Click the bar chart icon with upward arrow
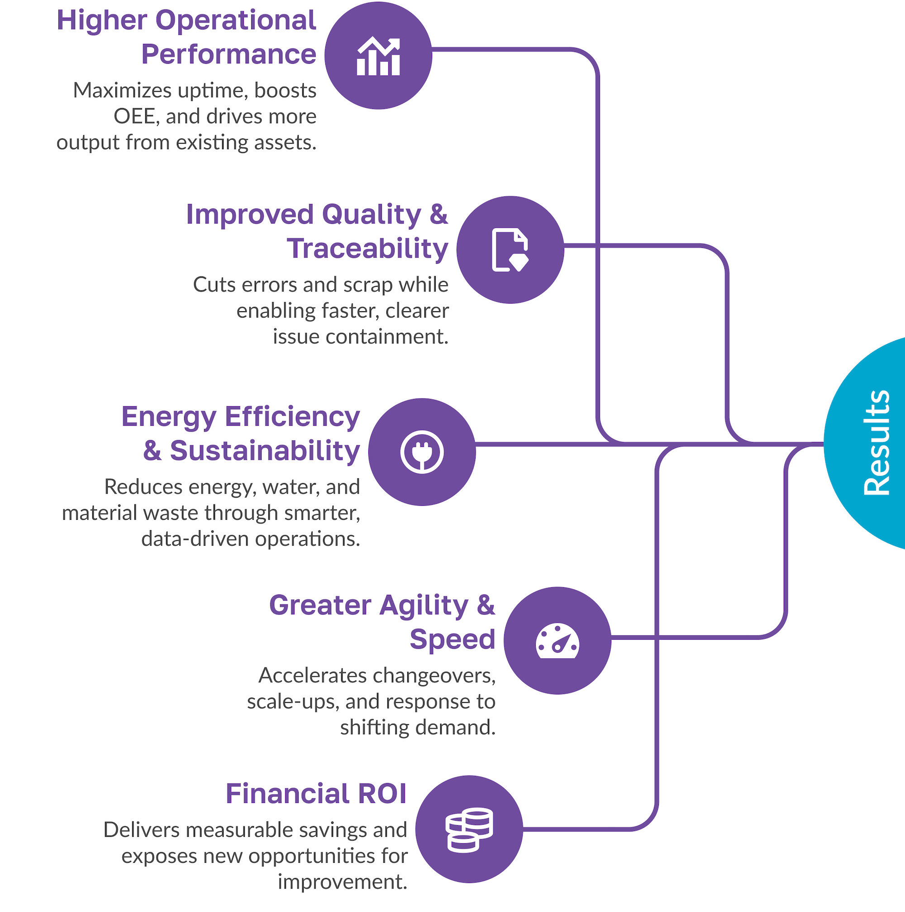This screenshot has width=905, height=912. pyautogui.click(x=378, y=56)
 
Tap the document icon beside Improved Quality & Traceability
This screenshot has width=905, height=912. pyautogui.click(x=510, y=250)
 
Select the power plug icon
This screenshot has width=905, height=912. pyautogui.click(x=422, y=452)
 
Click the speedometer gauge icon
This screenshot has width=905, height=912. pyautogui.click(x=557, y=641)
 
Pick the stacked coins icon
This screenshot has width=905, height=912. pyautogui.click(x=469, y=830)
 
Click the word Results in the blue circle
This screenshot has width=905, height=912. pyautogui.click(x=876, y=443)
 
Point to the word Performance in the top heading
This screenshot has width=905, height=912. pyautogui.click(x=229, y=54)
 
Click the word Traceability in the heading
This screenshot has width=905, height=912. pyautogui.click(x=367, y=249)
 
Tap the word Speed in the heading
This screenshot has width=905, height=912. pyautogui.click(x=452, y=639)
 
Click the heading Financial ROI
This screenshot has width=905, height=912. pyautogui.click(x=316, y=793)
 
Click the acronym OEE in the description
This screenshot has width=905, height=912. pyautogui.click(x=133, y=117)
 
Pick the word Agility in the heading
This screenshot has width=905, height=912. pyautogui.click(x=424, y=606)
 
